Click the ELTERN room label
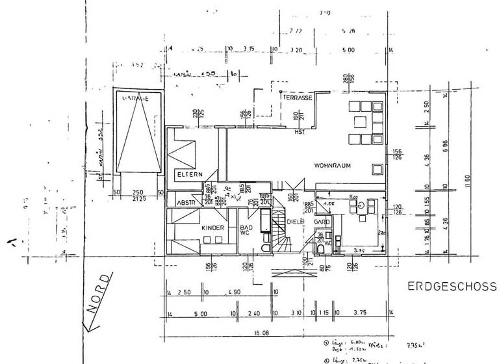pos(190,174)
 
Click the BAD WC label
pos(246,231)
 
